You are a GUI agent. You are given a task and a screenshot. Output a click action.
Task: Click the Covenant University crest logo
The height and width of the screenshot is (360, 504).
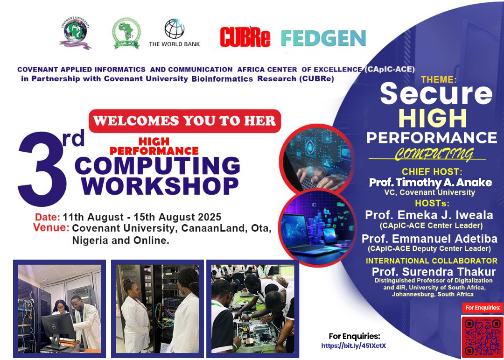[x=75, y=34]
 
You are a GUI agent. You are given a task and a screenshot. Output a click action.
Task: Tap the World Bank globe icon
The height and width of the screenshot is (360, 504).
[x=175, y=28]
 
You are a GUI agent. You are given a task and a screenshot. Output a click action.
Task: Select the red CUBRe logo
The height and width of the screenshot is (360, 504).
[x=245, y=38]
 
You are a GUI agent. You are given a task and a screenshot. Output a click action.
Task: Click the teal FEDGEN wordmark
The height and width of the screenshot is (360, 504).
[x=323, y=38]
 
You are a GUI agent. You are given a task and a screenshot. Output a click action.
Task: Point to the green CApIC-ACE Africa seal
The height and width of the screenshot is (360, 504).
[x=126, y=34]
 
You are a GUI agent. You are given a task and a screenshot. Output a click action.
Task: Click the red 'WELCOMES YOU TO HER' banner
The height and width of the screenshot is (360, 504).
[x=185, y=121]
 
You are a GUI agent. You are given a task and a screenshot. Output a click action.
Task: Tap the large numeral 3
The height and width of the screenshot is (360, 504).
[x=42, y=169]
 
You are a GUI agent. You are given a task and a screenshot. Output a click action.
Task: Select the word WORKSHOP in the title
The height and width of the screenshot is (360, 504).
[x=160, y=186]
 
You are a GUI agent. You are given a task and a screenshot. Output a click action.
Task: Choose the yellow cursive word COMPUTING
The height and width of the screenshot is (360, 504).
[x=434, y=154]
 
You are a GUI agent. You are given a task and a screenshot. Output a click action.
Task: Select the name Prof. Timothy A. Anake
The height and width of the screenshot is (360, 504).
[x=430, y=183]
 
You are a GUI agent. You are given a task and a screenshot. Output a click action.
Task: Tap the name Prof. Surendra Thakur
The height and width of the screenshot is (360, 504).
[x=434, y=272]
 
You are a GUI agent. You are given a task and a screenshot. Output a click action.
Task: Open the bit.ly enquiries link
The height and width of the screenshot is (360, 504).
[x=354, y=346]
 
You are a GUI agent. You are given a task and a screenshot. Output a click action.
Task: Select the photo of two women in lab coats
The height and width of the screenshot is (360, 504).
[x=158, y=309]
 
